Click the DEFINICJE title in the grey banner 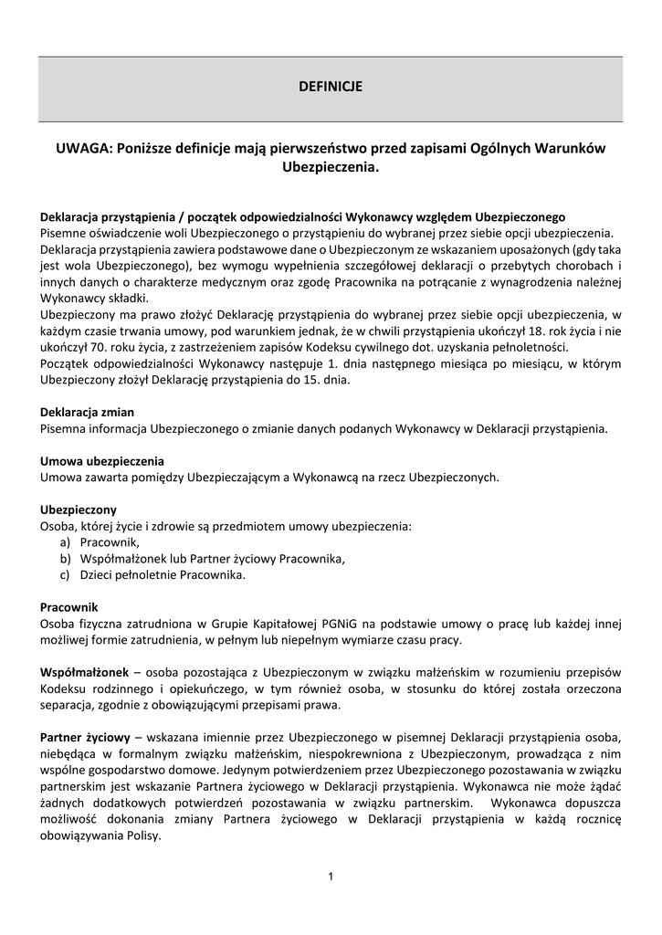point(331,87)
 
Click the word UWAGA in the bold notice point(79,148)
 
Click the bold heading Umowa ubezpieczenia point(102,460)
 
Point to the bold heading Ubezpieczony point(79,509)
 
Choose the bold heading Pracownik point(69,607)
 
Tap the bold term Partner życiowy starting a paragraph point(85,737)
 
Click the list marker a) point(65,542)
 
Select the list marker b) point(65,559)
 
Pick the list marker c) point(65,575)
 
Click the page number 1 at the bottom point(331,877)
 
